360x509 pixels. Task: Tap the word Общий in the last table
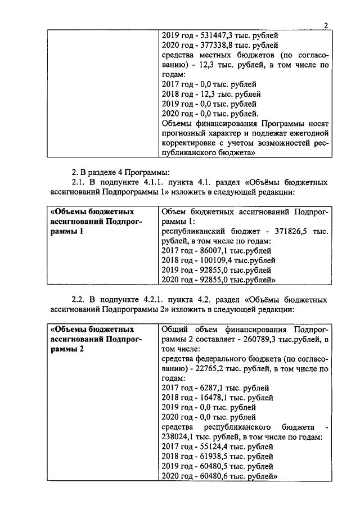click(174, 329)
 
